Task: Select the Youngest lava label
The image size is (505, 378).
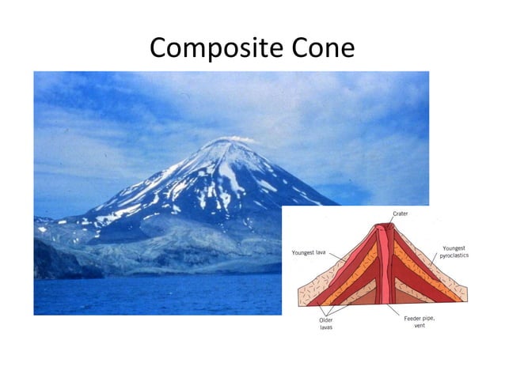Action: point(309,252)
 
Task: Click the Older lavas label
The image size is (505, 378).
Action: point(325,324)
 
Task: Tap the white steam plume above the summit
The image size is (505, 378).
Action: point(237,139)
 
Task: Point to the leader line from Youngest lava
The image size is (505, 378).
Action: point(337,258)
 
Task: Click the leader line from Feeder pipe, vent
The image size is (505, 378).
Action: point(404,309)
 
